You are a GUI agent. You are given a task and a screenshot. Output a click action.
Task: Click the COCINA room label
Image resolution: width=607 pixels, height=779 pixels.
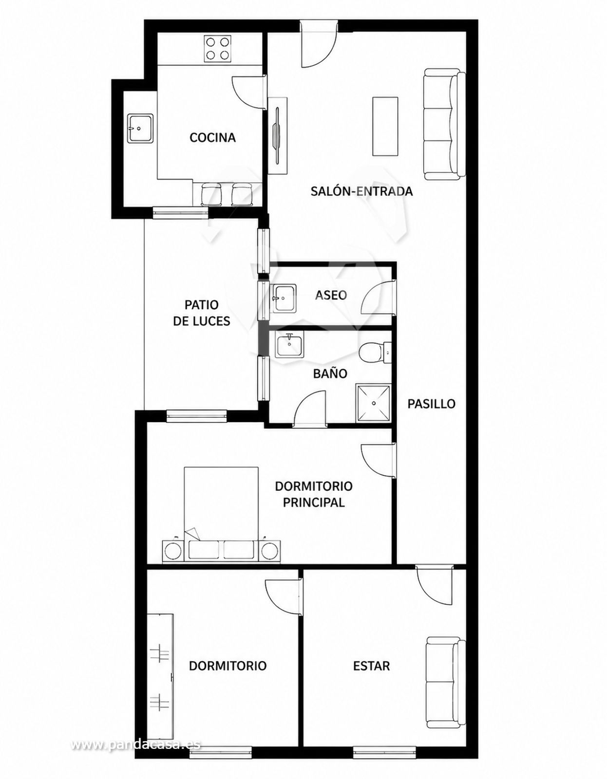click(x=212, y=137)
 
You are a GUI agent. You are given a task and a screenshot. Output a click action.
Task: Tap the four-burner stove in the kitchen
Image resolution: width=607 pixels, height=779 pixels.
click(x=217, y=49)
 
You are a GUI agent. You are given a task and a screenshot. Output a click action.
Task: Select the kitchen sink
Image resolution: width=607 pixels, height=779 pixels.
click(x=141, y=128)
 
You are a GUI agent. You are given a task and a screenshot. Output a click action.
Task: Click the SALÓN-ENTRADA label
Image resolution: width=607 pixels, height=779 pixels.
click(x=361, y=191)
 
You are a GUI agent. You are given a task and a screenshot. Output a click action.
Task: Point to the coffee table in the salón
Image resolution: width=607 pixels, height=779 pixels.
click(x=385, y=126)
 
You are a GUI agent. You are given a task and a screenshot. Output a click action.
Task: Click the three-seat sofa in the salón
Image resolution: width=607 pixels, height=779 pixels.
click(x=445, y=124)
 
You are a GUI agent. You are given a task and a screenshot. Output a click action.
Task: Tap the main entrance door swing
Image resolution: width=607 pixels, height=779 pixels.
click(x=319, y=47)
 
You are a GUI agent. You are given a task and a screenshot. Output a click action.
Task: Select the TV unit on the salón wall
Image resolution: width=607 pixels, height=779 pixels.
click(x=278, y=136)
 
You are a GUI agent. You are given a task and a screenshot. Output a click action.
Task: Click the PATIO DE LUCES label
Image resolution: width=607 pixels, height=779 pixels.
click(x=202, y=313)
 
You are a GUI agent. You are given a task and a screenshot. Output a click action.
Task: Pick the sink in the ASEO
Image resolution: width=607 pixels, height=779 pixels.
click(x=283, y=297)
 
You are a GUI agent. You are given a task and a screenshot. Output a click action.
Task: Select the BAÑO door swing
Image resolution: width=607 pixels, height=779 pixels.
click(x=310, y=408)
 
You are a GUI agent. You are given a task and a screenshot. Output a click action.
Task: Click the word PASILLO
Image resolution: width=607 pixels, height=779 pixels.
click(x=431, y=404)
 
